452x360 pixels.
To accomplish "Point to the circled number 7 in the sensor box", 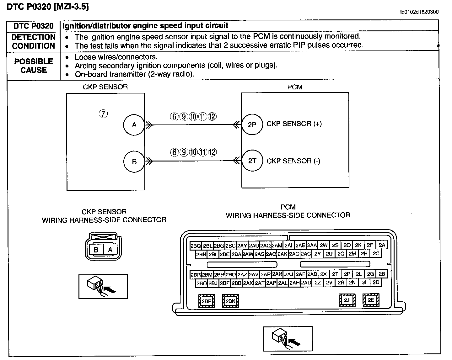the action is (103, 114).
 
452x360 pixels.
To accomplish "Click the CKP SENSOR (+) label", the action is (294, 124).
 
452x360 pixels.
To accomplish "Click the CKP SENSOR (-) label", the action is (293, 161).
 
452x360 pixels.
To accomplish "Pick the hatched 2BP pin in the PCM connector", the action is (207, 301).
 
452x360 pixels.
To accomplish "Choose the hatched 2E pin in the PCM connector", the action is (371, 300).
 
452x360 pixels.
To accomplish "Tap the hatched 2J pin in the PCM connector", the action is (347, 300).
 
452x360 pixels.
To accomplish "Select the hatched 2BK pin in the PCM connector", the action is (230, 301).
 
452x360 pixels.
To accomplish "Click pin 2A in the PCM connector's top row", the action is (382, 245).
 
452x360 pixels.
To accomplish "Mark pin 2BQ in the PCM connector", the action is (196, 246).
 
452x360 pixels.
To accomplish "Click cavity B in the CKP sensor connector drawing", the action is (96, 250).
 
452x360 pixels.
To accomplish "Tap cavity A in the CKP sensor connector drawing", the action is (110, 250).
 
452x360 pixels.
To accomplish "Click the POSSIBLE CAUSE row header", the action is (34, 66).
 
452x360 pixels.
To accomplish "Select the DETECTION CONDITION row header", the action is (34, 41).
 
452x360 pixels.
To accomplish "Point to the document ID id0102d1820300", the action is (419, 12).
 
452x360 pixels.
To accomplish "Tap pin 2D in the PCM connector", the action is (376, 282).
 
